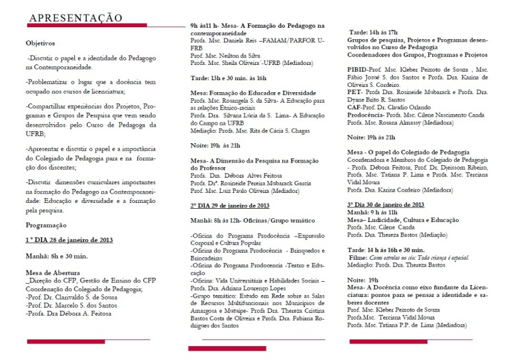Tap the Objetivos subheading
[40, 42]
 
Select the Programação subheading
[46, 225]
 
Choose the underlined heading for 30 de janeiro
[386, 205]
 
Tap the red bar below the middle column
[227, 348]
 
